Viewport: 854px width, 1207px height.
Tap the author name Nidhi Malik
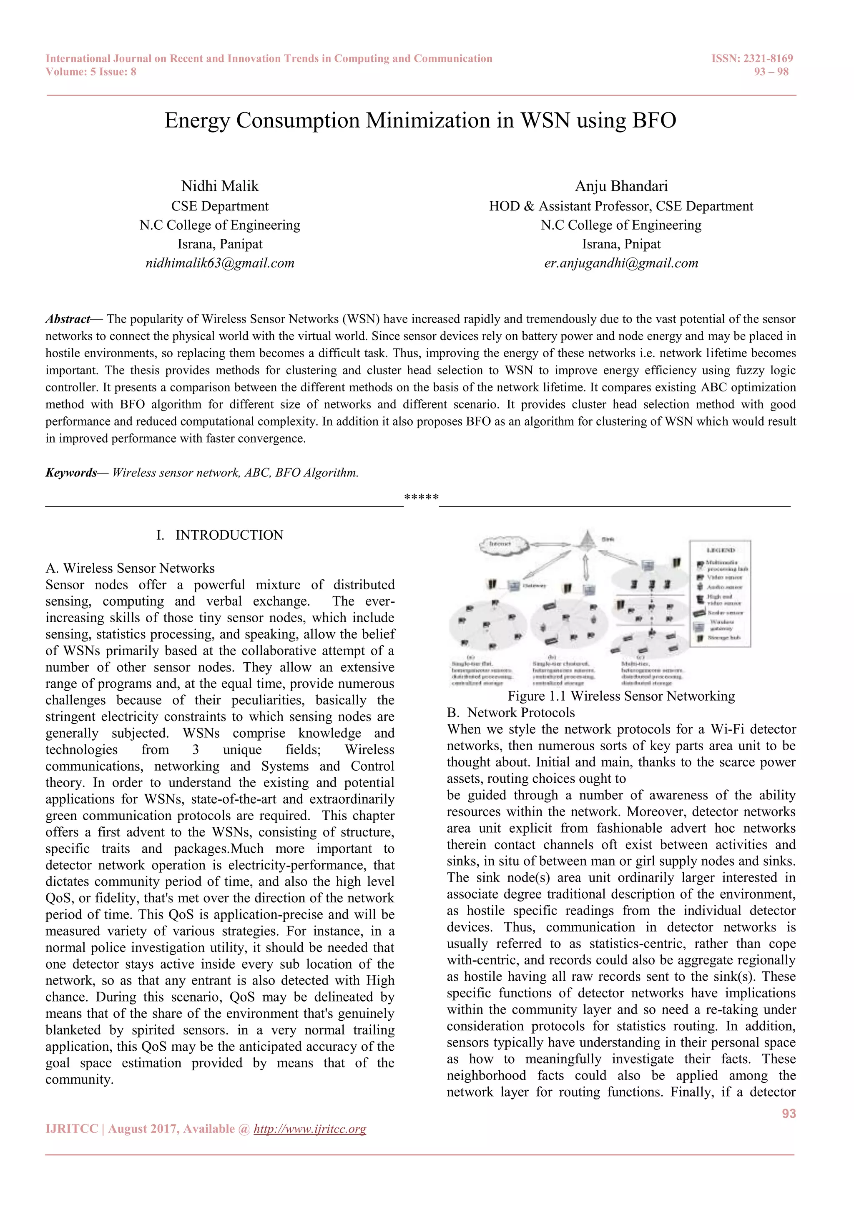220,186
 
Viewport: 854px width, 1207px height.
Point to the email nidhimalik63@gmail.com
220,263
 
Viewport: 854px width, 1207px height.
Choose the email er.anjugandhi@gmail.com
621,263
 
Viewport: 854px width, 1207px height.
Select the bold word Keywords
71,473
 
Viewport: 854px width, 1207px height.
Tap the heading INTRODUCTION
229,535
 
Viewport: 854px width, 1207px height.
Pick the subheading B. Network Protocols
511,713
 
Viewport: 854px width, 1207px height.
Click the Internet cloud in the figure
502,544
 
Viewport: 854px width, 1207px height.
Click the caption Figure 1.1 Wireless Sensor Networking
621,696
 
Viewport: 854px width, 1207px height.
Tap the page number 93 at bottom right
788,1113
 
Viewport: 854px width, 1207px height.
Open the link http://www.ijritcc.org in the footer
310,1129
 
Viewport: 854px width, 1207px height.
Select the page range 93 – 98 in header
771,72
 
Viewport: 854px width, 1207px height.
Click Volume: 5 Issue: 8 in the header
91,72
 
